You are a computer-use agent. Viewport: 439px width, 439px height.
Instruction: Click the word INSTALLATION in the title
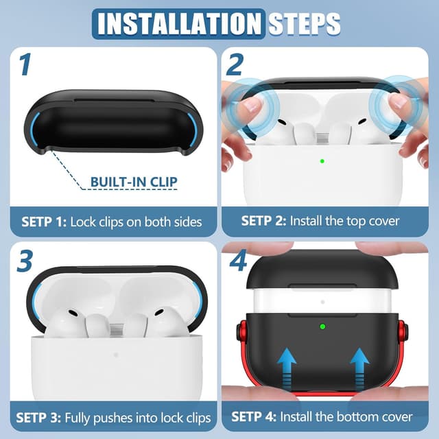pyautogui.click(x=180, y=23)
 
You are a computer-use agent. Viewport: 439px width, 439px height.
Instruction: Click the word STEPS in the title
pyautogui.click(x=303, y=23)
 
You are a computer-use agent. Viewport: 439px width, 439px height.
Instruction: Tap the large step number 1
pyautogui.click(x=25, y=65)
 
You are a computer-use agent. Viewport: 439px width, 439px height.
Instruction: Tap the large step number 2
pyautogui.click(x=235, y=65)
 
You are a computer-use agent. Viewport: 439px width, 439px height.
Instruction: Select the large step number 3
pyautogui.click(x=25, y=261)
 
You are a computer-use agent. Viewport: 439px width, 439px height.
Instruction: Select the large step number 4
pyautogui.click(x=237, y=261)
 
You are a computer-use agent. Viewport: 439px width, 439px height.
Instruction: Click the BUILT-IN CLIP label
pyautogui.click(x=134, y=182)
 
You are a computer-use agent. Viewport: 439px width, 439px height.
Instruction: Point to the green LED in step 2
pyautogui.click(x=322, y=162)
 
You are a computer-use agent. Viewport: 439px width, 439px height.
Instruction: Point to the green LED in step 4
pyautogui.click(x=320, y=327)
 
